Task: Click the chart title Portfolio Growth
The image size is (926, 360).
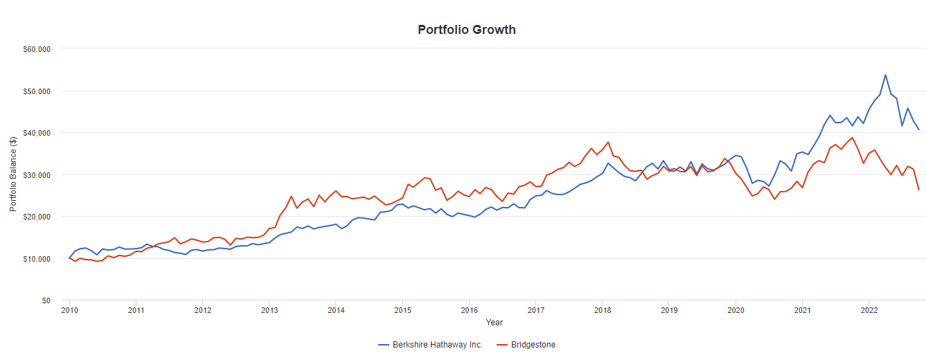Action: (x=466, y=30)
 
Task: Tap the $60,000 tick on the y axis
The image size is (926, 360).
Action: (x=38, y=49)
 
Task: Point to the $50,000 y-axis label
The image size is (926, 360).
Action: (x=38, y=91)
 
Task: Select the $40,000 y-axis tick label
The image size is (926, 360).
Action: (x=38, y=133)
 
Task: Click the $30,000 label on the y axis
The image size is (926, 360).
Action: (x=38, y=175)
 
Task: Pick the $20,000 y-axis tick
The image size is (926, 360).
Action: (x=38, y=217)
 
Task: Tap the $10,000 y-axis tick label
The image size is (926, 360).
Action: (x=38, y=259)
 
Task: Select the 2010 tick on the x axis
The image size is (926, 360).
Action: (x=69, y=311)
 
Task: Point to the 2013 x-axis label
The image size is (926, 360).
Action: (x=269, y=311)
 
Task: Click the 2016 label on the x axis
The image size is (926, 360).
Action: (x=469, y=311)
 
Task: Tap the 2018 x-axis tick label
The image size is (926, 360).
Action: (x=603, y=311)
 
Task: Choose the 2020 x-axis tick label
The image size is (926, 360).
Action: (x=736, y=311)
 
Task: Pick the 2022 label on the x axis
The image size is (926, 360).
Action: (x=869, y=311)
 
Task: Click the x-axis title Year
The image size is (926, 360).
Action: (x=494, y=323)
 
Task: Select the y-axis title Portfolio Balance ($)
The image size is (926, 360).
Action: (x=13, y=174)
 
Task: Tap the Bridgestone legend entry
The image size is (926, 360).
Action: (x=533, y=345)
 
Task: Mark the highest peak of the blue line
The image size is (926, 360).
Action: (x=885, y=75)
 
